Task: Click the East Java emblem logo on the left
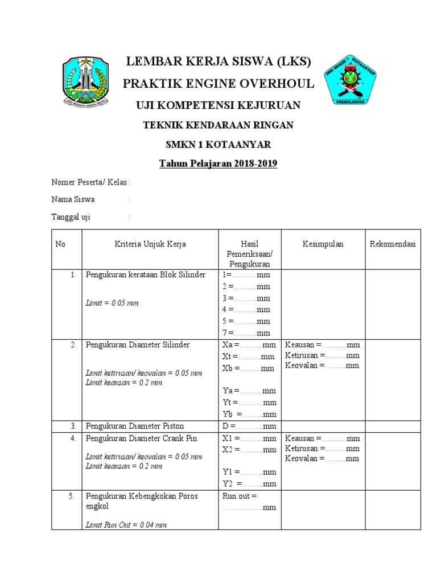84,81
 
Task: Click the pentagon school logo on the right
352,80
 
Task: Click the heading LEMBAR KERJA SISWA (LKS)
218,62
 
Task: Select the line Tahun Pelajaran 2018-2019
218,164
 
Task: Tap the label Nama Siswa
73,199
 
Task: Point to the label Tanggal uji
71,217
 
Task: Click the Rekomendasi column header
393,244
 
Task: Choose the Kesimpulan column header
323,244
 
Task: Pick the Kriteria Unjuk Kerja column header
150,244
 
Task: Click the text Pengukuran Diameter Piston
135,426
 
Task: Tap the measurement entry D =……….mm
249,426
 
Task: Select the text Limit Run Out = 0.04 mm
126,525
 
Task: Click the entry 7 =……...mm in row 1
246,333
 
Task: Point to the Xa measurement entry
249,345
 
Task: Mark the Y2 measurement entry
249,483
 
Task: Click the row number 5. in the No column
72,496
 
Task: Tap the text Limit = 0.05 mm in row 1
112,303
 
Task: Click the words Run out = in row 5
236,496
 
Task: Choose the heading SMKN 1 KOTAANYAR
218,145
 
